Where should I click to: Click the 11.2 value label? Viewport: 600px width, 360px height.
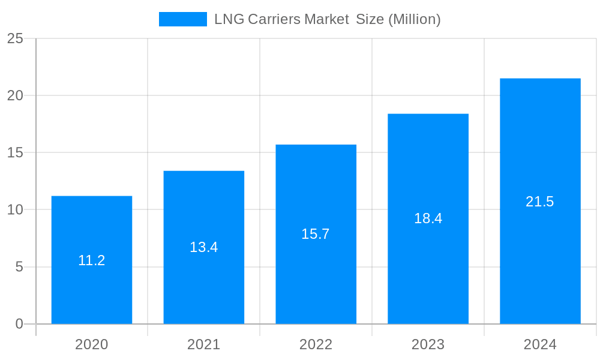(92, 260)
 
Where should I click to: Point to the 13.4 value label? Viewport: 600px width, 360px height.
(204, 247)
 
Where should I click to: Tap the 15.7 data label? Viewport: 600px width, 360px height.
(316, 234)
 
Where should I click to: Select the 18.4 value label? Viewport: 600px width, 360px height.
(428, 218)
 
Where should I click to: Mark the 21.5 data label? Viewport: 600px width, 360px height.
(540, 202)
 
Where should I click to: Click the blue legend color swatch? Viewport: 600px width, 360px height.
(182, 19)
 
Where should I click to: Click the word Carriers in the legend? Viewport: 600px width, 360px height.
(272, 19)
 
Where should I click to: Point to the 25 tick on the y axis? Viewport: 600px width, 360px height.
(15, 38)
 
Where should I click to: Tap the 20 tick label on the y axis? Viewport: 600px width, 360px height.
(15, 95)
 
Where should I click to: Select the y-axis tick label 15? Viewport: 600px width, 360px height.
(15, 152)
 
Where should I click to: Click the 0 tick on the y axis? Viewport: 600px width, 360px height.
(19, 324)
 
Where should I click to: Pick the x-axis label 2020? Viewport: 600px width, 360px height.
(92, 344)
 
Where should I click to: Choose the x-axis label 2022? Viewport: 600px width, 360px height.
(316, 344)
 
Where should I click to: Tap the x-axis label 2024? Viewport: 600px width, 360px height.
(540, 344)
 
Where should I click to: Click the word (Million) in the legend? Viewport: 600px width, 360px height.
(415, 19)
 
